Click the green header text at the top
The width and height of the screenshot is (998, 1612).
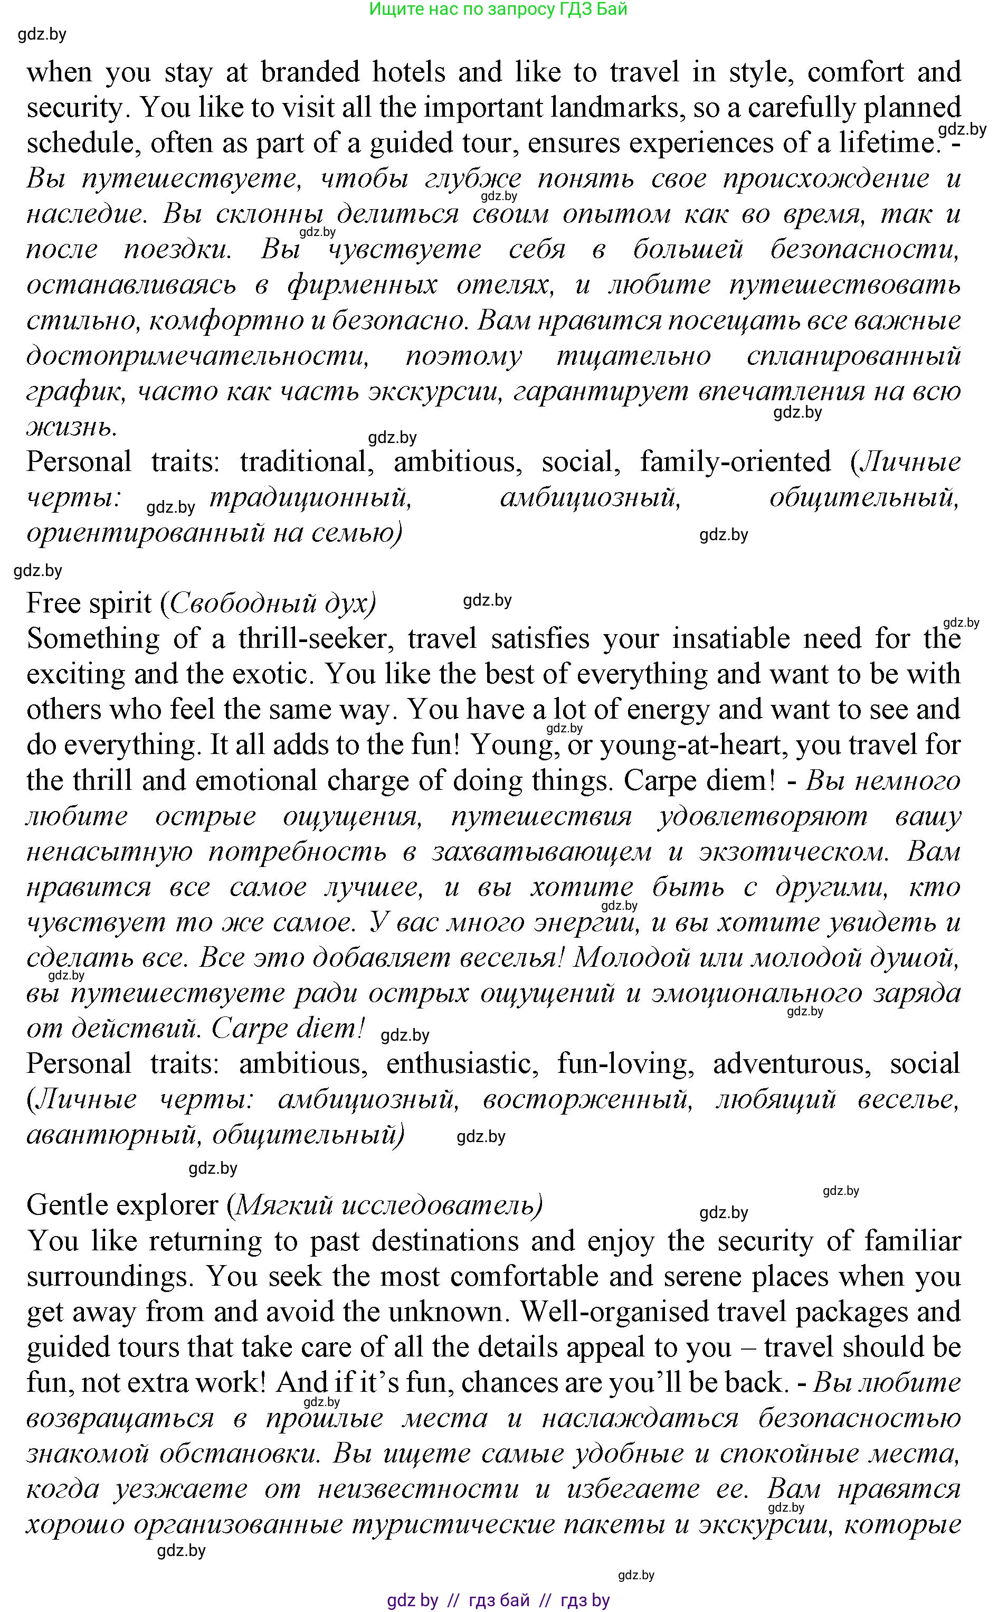498,10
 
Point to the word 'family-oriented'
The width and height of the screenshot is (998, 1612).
735,461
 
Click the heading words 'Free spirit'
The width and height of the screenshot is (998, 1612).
89,603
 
